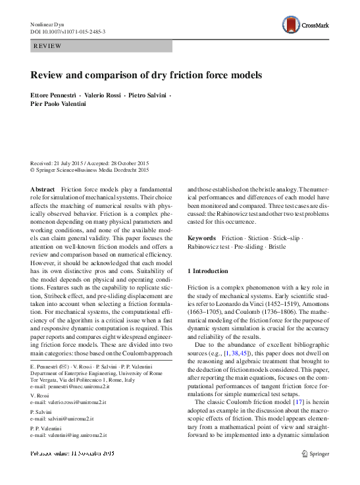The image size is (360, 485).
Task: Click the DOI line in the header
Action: click(x=68, y=32)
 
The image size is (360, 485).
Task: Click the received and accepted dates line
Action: click(x=90, y=163)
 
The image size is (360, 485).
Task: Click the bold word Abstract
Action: click(x=43, y=189)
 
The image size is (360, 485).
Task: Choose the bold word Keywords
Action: click(x=202, y=237)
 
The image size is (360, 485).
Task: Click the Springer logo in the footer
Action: click(x=314, y=453)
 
